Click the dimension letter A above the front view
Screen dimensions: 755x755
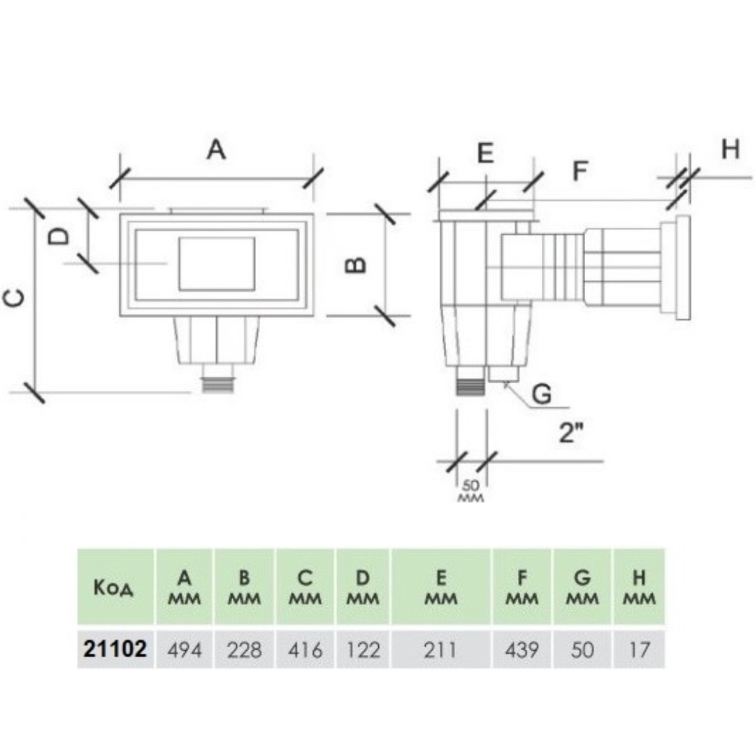coord(217,149)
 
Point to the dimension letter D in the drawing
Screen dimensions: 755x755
coord(61,236)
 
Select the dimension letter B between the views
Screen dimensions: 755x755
coord(357,265)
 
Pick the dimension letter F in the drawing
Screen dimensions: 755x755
coord(580,171)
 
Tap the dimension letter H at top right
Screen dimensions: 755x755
coord(730,149)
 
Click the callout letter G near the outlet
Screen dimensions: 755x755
coord(542,394)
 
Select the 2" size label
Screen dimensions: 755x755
coord(571,433)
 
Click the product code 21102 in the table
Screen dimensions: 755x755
coord(115,649)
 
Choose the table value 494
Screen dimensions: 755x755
coord(185,649)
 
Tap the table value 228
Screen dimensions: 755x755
coord(245,649)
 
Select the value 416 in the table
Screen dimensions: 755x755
coord(305,649)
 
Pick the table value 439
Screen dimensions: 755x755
coord(522,649)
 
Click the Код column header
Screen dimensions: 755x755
coord(113,588)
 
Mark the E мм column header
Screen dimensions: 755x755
coord(440,588)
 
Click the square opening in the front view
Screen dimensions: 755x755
coord(217,263)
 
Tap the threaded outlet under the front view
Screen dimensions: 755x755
coord(218,384)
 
